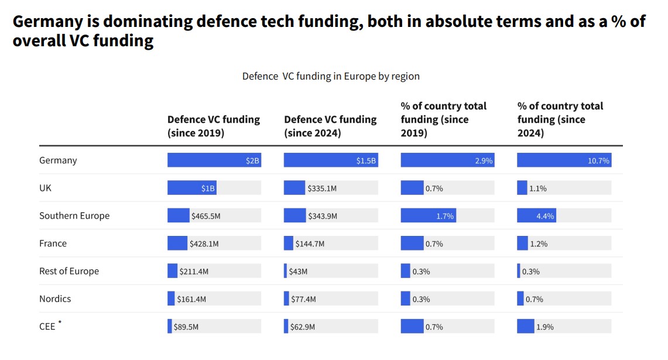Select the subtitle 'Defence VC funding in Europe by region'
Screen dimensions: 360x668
pyautogui.click(x=331, y=76)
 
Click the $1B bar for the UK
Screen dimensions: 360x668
pyautogui.click(x=192, y=188)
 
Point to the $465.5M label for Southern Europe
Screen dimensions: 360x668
pyautogui.click(x=205, y=216)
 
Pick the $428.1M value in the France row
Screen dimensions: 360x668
pyautogui.click(x=204, y=244)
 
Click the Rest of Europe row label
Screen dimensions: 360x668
pyautogui.click(x=69, y=271)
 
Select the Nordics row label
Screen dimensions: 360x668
pyautogui.click(x=55, y=299)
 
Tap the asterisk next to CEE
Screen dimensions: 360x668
pyautogui.click(x=60, y=323)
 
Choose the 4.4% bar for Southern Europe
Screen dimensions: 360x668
pyautogui.click(x=536, y=216)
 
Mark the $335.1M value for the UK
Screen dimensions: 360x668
pyautogui.click(x=322, y=188)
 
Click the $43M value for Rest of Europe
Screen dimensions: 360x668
pyautogui.click(x=299, y=272)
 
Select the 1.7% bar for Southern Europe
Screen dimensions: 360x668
pyautogui.click(x=428, y=216)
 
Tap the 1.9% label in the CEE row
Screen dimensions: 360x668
pyautogui.click(x=544, y=327)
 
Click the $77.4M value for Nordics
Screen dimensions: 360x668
pyautogui.click(x=303, y=299)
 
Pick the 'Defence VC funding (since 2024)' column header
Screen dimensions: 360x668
pyautogui.click(x=330, y=126)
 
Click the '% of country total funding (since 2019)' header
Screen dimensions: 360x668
pyautogui.click(x=443, y=119)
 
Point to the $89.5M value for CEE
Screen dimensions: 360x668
pyautogui.click(x=186, y=327)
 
